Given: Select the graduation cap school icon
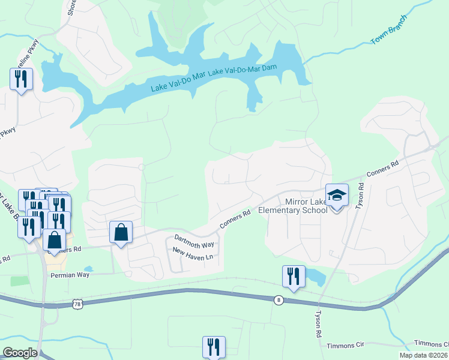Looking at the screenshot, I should (337, 195).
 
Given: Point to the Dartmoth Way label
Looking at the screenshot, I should (194, 240).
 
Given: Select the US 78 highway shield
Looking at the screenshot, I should (77, 304).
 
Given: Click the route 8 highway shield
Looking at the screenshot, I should (279, 300).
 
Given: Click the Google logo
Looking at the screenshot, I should (20, 353).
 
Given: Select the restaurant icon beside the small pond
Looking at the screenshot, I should (294, 277).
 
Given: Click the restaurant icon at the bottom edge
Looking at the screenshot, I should (214, 347).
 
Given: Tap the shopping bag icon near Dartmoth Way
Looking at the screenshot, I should (121, 232).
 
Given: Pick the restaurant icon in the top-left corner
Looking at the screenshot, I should (22, 79).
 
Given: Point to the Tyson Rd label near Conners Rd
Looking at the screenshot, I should (361, 196).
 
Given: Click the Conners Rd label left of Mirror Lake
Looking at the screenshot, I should (235, 218).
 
